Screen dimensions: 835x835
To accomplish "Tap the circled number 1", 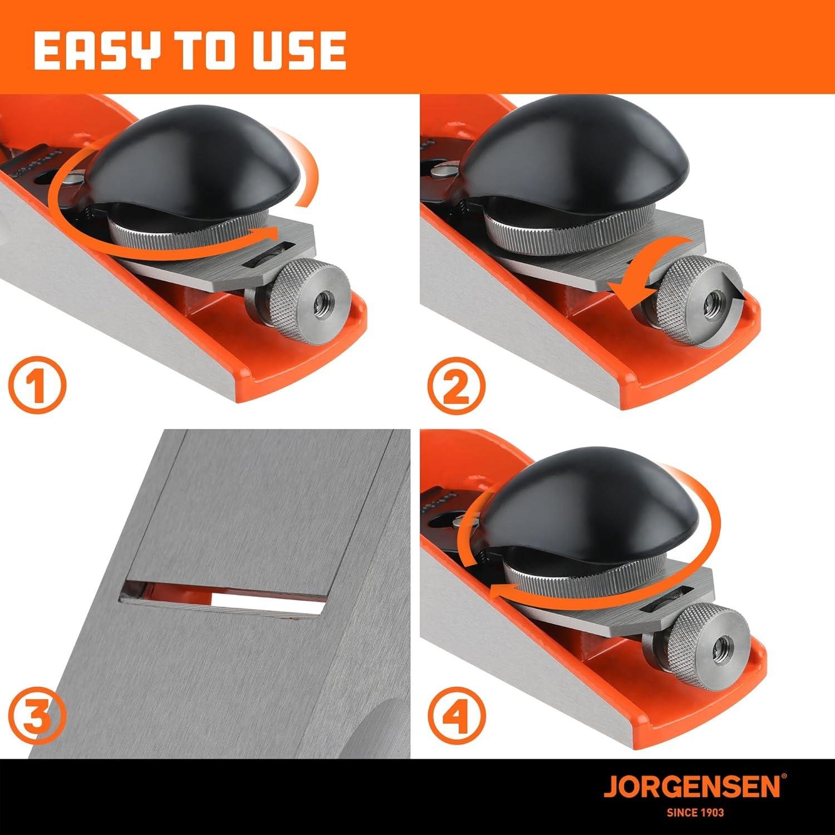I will pos(37,384).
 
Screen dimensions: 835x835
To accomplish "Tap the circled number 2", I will pos(456,384).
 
